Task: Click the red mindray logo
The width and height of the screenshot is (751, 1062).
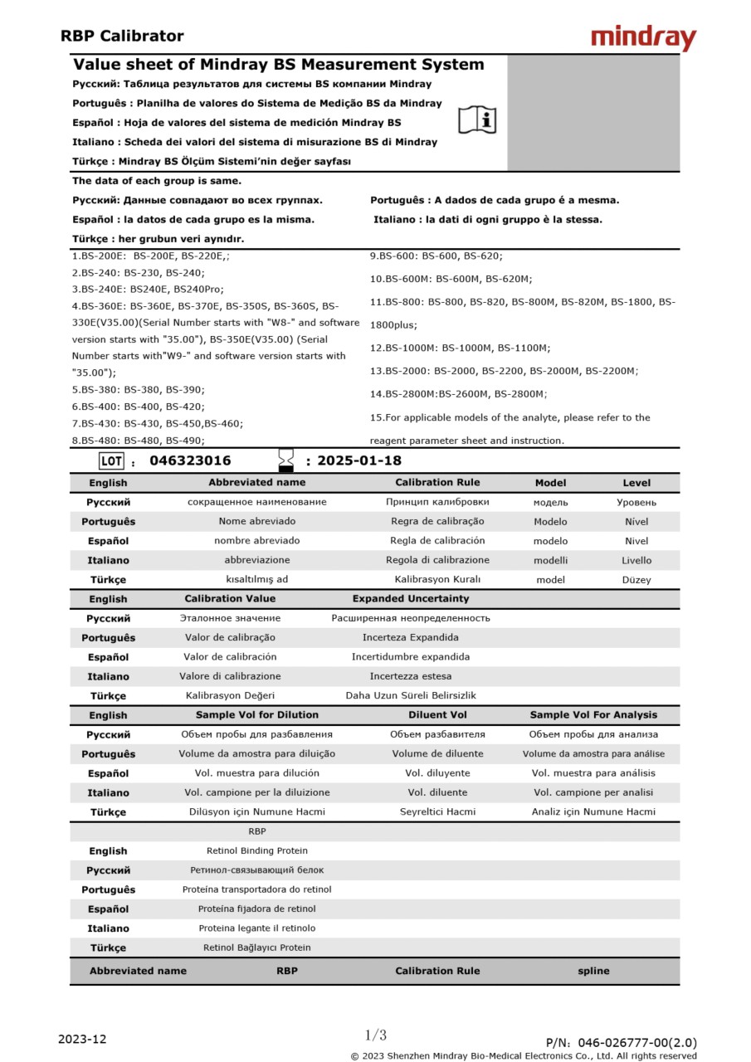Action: [643, 37]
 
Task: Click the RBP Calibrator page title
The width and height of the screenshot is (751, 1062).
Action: [122, 36]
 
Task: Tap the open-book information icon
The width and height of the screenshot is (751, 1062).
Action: [477, 120]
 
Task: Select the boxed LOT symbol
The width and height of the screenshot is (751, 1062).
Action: [110, 461]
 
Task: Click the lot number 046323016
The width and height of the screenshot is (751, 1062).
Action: [190, 460]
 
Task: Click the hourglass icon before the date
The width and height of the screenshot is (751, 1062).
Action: [286, 460]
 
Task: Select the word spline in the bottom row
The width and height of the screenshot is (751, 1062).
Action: [593, 971]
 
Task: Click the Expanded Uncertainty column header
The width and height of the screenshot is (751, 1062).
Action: [410, 598]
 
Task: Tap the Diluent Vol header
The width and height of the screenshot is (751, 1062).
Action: [437, 714]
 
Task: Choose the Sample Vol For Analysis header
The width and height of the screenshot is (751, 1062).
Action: [593, 714]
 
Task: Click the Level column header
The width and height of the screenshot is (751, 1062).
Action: [636, 483]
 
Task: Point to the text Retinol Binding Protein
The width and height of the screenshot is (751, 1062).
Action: [256, 850]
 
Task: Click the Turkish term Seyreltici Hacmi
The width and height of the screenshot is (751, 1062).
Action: [437, 811]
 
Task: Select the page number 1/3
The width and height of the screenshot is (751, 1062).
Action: [376, 1035]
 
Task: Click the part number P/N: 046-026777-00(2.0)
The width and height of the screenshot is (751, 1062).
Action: [621, 1043]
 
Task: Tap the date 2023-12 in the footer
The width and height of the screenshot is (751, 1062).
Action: [82, 1039]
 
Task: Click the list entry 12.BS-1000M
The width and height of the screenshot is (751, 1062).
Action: [460, 348]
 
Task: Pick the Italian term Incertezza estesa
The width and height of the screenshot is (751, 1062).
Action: [410, 676]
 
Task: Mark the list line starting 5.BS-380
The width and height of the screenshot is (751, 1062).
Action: [138, 389]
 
